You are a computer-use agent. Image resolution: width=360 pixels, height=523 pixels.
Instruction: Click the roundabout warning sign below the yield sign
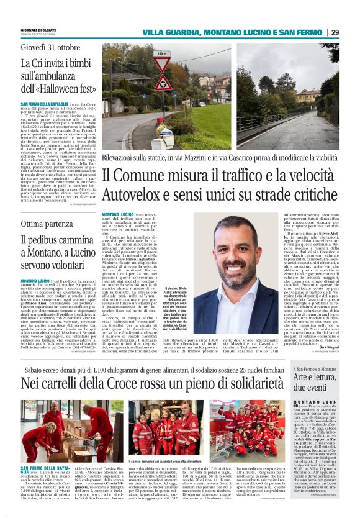coord(162,83)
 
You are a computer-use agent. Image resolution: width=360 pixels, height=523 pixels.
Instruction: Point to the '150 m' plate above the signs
coord(162,54)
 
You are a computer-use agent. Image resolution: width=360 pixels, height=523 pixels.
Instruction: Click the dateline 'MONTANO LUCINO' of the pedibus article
coord(38,281)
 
